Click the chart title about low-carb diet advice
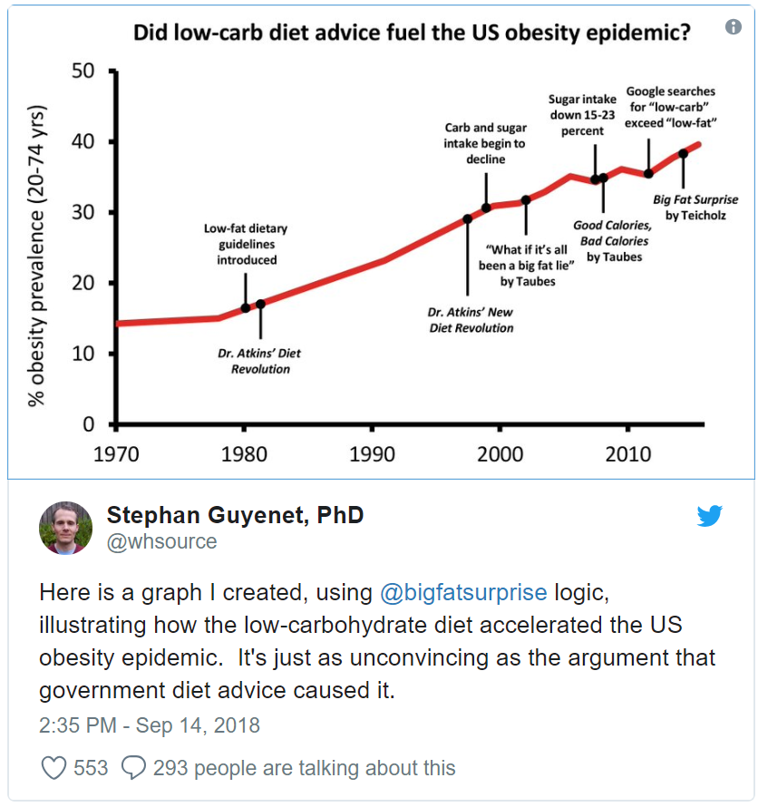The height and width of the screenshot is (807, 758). [412, 34]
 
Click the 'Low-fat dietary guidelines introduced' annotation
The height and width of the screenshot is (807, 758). [246, 245]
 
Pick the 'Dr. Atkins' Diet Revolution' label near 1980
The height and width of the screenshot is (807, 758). [260, 361]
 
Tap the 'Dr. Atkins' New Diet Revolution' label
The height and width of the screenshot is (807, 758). [471, 319]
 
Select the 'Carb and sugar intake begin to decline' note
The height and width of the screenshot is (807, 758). [486, 143]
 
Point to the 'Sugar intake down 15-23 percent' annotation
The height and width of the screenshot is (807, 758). [582, 114]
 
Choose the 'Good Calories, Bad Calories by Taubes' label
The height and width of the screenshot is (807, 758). [613, 240]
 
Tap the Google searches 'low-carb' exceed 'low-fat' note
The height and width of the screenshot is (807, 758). [670, 106]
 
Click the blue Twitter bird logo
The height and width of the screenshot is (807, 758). [709, 516]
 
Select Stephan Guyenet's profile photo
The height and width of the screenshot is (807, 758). [65, 528]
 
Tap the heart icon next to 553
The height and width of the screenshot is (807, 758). [54, 768]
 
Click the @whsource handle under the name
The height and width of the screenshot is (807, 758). [161, 542]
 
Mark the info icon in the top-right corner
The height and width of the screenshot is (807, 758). [734, 27]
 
